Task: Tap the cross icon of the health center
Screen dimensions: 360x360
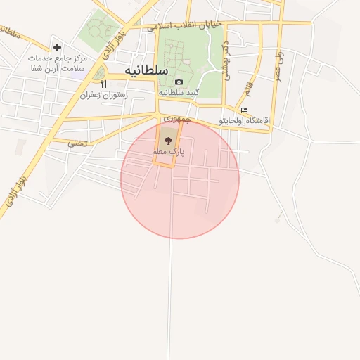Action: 58,46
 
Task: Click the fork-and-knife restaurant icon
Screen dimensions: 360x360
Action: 103,84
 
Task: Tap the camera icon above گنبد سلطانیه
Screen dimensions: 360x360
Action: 179,82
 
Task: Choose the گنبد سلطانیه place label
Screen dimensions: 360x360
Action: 179,92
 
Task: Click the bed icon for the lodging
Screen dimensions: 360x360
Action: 244,110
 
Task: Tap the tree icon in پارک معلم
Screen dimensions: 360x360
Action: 167,141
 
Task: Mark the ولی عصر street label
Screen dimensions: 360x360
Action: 281,64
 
